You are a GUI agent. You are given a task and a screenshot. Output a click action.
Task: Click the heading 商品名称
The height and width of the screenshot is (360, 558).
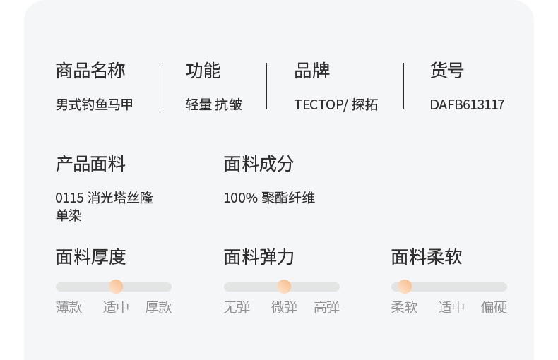point(90,71)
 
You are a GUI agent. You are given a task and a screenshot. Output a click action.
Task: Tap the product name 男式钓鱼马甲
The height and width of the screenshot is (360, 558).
point(95,104)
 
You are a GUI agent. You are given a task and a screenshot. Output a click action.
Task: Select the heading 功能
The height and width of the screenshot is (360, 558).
point(203,71)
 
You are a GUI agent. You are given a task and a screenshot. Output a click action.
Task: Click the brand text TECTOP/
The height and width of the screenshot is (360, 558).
point(321,104)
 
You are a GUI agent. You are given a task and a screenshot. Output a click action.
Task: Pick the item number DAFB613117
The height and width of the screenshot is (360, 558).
point(467,104)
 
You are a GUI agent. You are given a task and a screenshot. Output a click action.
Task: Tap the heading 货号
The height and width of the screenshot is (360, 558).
point(446,71)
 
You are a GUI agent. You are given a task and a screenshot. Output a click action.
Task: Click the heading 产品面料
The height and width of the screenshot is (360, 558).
point(90,164)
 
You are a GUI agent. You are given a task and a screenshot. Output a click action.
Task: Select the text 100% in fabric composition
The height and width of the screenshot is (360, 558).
point(240,198)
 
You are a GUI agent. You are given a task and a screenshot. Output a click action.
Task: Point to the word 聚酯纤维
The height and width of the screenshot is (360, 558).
point(288,198)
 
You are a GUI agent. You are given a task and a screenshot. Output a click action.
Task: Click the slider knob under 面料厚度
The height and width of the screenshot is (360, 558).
point(116,287)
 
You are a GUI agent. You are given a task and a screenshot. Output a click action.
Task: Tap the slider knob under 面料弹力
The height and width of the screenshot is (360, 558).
point(284,287)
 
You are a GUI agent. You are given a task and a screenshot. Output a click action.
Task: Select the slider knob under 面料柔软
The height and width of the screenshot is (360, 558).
point(405,287)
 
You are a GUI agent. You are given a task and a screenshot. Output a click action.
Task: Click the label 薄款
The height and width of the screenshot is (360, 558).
point(69,307)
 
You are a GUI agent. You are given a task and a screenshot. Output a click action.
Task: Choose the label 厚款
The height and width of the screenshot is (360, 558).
point(158,307)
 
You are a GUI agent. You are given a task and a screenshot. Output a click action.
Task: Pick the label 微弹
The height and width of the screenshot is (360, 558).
point(284,307)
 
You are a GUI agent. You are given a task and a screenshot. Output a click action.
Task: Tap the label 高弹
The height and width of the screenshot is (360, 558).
point(326,307)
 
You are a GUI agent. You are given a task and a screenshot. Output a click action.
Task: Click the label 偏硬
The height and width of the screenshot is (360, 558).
point(494,307)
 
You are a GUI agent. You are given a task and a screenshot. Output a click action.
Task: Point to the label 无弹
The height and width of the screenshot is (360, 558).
point(237,307)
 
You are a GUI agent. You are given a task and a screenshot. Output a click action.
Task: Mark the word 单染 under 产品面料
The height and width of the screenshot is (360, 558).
point(69,215)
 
